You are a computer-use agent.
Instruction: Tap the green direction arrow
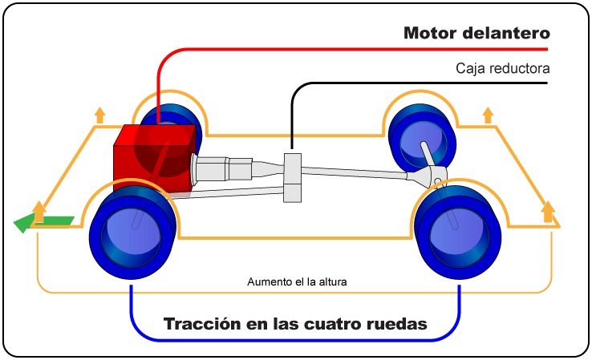click(x=45, y=222)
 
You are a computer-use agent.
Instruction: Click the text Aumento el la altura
click(x=297, y=282)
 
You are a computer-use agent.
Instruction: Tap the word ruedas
click(x=396, y=325)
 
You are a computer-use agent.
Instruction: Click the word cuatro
click(x=329, y=325)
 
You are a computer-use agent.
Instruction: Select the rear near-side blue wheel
click(x=456, y=229)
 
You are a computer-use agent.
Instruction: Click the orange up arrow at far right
click(x=548, y=211)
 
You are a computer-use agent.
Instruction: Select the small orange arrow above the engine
click(x=99, y=114)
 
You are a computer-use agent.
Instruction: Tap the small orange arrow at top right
click(x=487, y=114)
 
